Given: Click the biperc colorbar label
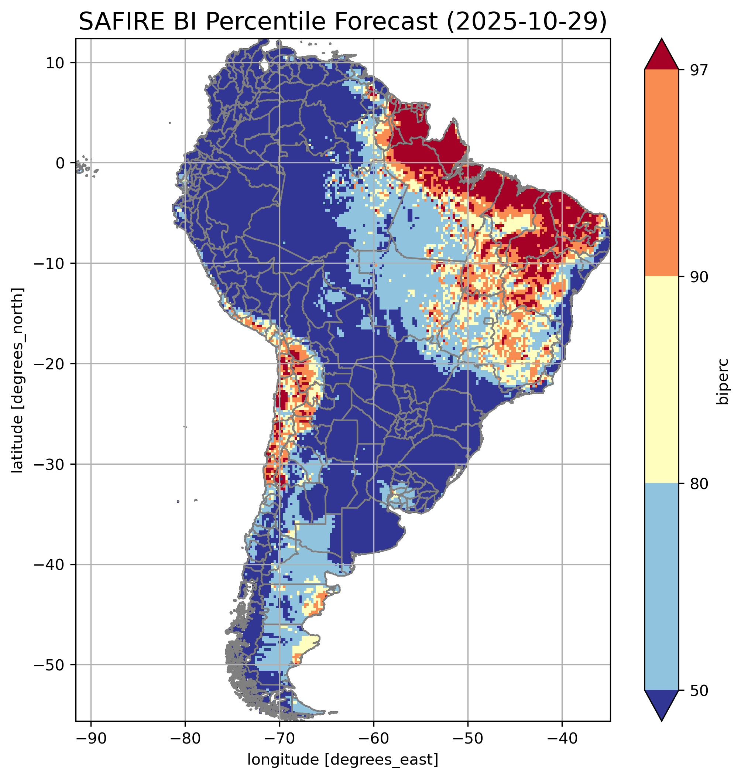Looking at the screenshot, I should (x=723, y=380).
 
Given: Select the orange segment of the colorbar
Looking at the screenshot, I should (x=661, y=173).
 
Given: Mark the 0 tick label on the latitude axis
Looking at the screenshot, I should (x=61, y=163).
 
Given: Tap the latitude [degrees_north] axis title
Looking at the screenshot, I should (x=17, y=380).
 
